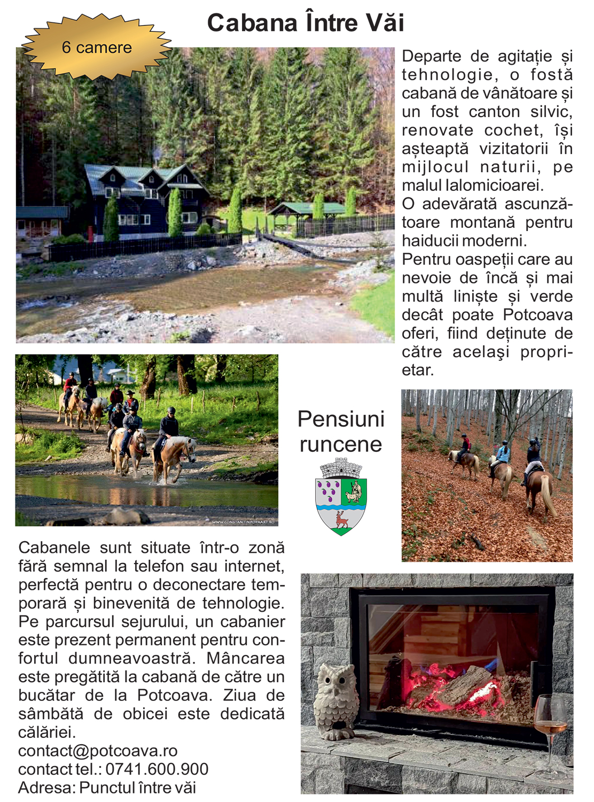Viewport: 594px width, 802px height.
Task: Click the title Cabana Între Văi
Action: coord(306,23)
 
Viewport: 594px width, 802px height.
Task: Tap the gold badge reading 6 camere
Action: coord(97,48)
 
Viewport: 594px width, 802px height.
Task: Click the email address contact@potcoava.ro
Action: coord(98,751)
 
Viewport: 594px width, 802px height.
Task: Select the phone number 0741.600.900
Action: coord(157,769)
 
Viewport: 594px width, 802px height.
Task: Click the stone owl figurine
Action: coord(335,700)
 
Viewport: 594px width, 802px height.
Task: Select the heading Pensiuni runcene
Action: coord(341,431)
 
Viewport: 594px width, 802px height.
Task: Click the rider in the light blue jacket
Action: coord(503,453)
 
